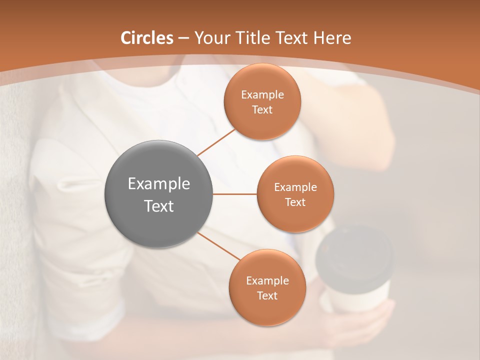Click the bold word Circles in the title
(146, 38)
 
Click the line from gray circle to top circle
(216, 142)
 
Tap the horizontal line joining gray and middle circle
(234, 194)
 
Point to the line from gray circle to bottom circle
(219, 246)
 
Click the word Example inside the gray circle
(158, 184)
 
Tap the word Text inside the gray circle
(158, 206)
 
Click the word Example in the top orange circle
(262, 95)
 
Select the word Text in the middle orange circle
(295, 202)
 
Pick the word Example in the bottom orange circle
(267, 281)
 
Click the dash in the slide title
(183, 38)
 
